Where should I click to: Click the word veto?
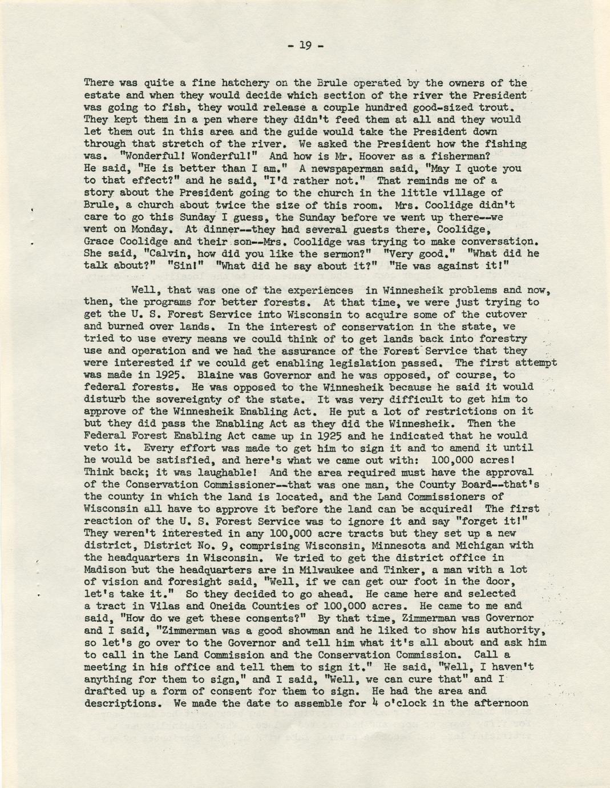[x=96, y=448]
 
